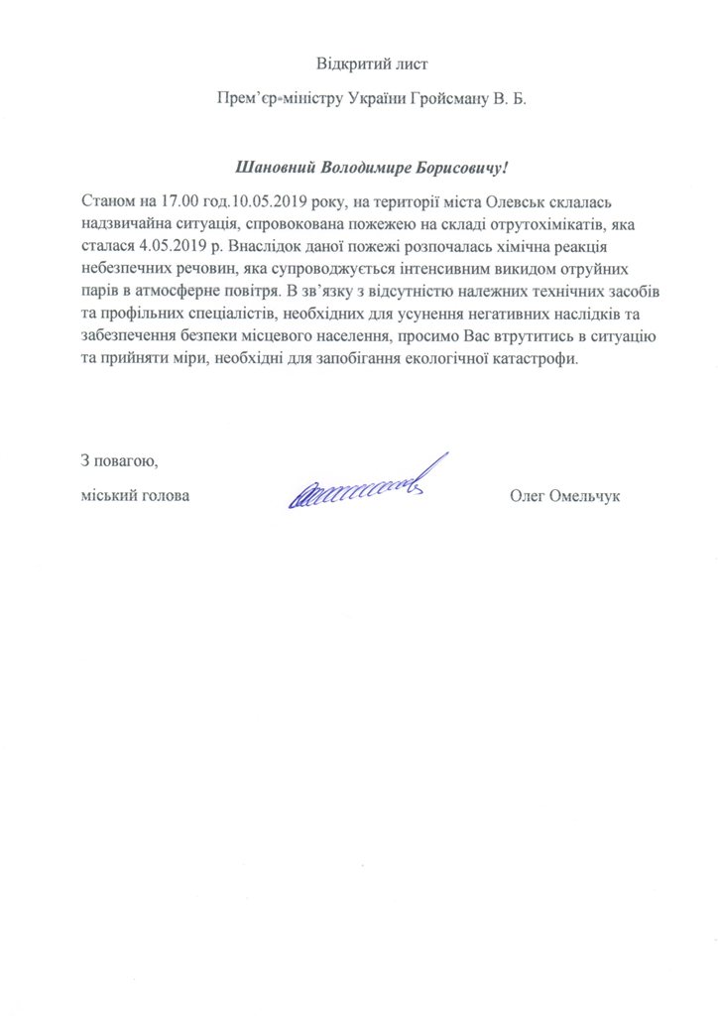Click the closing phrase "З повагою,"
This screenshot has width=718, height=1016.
click(118, 460)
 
